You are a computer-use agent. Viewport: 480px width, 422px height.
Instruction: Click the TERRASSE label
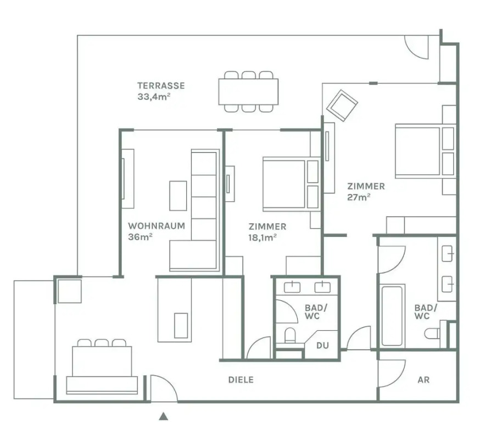(161, 85)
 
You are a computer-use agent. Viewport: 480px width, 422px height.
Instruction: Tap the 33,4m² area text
(154, 97)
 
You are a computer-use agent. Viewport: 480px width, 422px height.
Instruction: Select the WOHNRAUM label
(157, 226)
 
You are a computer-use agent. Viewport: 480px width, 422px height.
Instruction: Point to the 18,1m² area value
(263, 237)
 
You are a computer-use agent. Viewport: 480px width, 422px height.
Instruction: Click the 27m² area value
(359, 197)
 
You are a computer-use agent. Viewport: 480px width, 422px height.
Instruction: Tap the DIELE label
(241, 380)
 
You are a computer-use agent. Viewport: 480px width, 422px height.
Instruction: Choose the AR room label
(423, 380)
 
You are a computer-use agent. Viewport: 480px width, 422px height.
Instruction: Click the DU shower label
(322, 346)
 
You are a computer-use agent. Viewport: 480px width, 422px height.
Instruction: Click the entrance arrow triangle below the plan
(164, 416)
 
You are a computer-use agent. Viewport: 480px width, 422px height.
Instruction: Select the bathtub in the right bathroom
(392, 316)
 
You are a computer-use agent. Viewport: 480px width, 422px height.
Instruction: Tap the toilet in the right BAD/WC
(433, 333)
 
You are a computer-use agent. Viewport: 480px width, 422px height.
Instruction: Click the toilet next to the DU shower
(290, 336)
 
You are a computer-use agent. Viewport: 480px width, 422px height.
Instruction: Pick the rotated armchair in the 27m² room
(342, 105)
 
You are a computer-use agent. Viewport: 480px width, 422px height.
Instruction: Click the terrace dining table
(248, 92)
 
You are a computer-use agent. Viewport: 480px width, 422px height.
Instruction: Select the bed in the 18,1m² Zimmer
(291, 184)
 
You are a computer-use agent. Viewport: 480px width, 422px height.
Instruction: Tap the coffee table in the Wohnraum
(178, 196)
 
